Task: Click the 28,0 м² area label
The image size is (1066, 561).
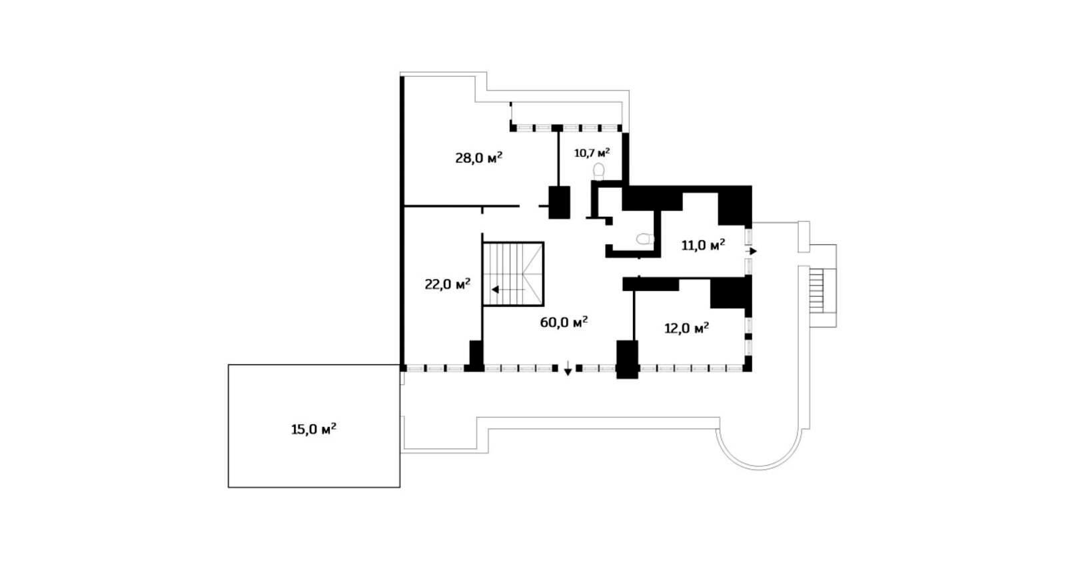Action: pos(479,158)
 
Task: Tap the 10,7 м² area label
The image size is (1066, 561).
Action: pos(592,153)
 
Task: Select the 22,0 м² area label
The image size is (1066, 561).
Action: pos(447,285)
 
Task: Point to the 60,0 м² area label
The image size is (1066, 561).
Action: pos(564,322)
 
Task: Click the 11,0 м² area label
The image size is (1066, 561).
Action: pos(704,245)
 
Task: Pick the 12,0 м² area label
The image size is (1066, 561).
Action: pos(687,328)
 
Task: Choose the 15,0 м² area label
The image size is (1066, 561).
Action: pos(314,429)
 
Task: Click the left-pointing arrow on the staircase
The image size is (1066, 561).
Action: pos(508,290)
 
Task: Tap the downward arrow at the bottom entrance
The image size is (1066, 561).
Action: pos(568,368)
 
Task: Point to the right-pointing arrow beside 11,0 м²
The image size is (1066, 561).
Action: pos(752,251)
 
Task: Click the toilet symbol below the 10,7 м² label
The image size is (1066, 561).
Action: pos(599,171)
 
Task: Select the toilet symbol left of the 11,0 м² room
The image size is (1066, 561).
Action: pos(646,239)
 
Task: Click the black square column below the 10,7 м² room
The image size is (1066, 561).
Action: pos(559,203)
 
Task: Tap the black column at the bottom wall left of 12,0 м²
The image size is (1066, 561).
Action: pos(627,360)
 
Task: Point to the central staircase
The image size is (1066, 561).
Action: pos(513,274)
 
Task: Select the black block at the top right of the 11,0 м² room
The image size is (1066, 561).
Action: pos(734,205)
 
